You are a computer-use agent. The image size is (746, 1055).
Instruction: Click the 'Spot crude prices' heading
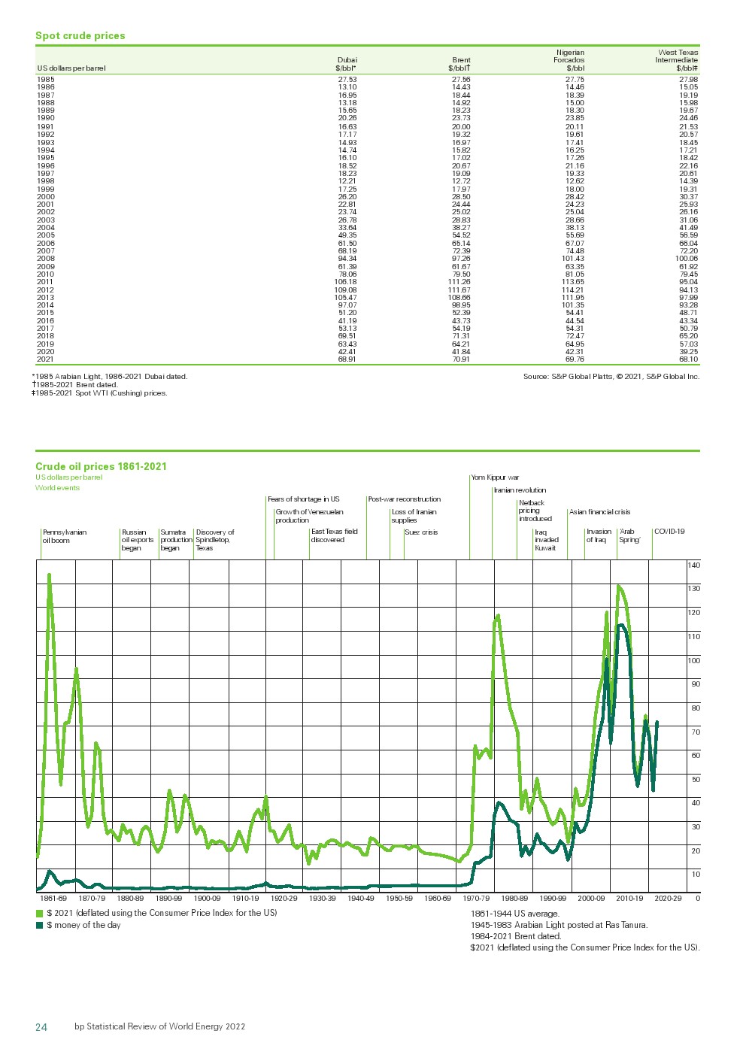click(80, 35)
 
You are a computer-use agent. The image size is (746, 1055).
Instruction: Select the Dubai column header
click(347, 64)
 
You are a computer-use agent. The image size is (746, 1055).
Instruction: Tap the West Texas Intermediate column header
click(677, 60)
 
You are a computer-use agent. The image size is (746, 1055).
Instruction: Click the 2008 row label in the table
click(46, 259)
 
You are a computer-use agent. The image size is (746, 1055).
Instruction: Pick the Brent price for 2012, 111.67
click(459, 290)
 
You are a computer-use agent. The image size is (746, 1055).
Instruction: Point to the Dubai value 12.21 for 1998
click(347, 181)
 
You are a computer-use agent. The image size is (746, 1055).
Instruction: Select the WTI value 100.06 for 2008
click(686, 259)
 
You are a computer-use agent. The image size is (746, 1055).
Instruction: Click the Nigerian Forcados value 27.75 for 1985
click(575, 79)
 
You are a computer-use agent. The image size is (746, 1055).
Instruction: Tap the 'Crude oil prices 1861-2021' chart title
click(101, 466)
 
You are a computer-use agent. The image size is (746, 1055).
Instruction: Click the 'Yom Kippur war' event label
click(495, 477)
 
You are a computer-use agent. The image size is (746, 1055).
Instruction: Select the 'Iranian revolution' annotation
click(520, 490)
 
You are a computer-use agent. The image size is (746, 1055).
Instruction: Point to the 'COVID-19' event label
click(669, 532)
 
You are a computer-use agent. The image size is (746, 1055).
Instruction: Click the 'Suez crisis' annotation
click(421, 532)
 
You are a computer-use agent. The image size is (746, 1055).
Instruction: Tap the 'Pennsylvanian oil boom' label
click(64, 536)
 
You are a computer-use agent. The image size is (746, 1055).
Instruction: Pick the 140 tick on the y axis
click(693, 565)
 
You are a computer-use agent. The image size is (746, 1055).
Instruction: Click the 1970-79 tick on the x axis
click(475, 898)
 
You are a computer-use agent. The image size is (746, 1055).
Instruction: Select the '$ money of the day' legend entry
click(83, 925)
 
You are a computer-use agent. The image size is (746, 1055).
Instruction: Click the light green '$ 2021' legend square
click(40, 913)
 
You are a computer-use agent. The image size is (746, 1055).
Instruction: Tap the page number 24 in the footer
click(41, 1026)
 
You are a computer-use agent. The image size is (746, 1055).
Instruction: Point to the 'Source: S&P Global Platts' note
click(611, 376)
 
